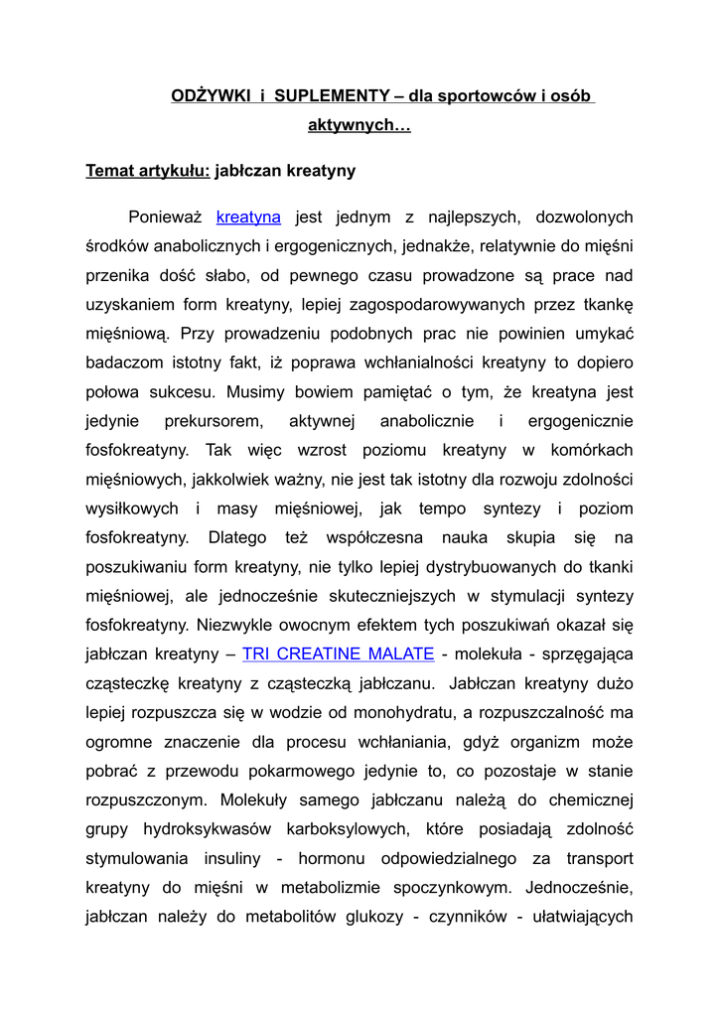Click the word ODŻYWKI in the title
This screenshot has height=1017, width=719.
tap(197, 96)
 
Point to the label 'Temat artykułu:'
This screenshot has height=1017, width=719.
tap(148, 171)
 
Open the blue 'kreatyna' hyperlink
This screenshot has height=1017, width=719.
tap(248, 217)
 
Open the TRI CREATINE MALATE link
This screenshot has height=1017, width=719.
tap(338, 654)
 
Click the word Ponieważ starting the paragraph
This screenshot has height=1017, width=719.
tap(166, 217)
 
